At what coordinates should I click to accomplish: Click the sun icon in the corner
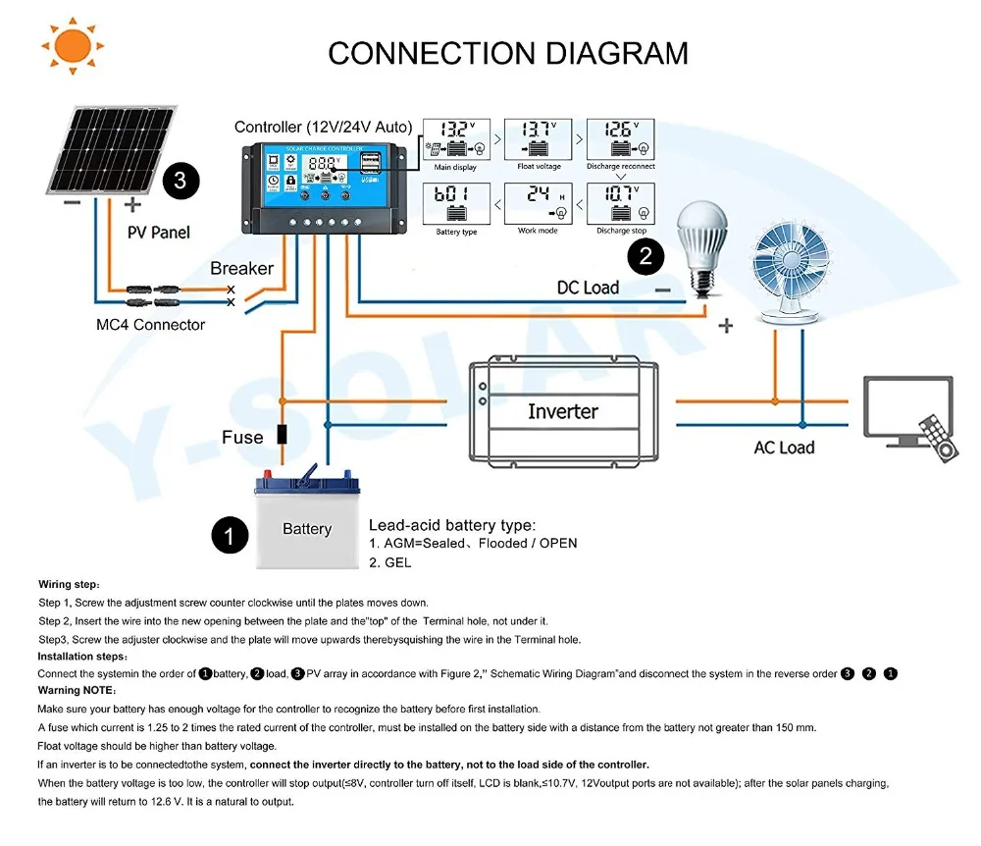[72, 45]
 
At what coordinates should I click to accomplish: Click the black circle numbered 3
[180, 181]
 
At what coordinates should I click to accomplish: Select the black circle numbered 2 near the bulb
[645, 257]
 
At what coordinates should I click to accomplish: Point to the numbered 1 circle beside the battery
[230, 536]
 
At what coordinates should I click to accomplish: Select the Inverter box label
[562, 411]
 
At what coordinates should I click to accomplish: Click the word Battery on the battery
[307, 529]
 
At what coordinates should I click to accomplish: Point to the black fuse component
[282, 434]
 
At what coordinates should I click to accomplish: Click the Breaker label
[241, 268]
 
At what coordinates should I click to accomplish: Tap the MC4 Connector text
[157, 324]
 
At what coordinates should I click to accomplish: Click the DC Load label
[588, 288]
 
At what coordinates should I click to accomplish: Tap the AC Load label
[784, 448]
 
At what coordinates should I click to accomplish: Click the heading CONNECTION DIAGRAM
[507, 53]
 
